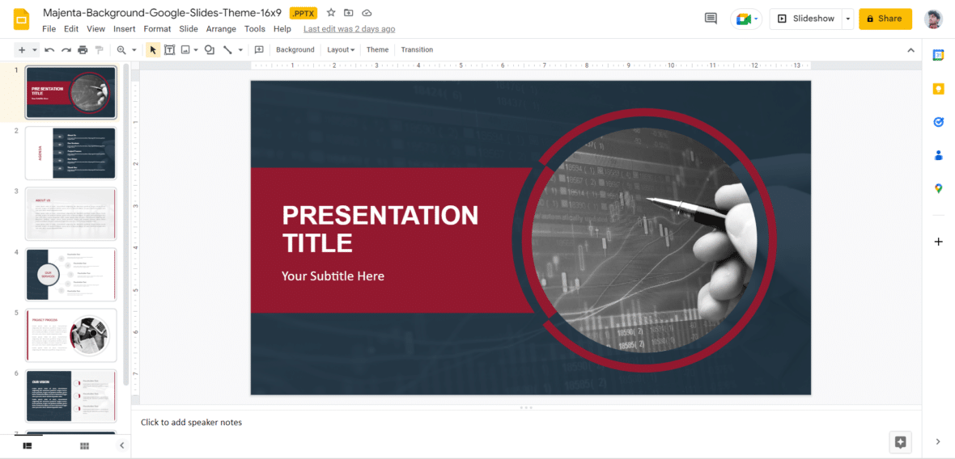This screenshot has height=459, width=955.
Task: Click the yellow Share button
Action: coord(885,19)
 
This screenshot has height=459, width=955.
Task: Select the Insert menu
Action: coord(124,29)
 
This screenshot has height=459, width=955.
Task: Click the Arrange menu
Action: coord(221,29)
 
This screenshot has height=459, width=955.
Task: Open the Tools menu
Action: coord(255,29)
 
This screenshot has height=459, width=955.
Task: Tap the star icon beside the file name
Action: coord(331,13)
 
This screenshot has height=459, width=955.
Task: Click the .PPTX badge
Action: coord(303,13)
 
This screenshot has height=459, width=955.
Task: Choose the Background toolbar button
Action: coord(295,50)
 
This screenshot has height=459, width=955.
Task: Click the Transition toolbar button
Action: coord(417,50)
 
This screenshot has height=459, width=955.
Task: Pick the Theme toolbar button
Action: coord(377,50)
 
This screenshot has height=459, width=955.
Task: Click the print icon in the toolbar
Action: coord(83,50)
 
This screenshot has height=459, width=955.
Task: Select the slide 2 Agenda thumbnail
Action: coord(71,153)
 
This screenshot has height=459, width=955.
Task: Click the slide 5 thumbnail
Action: coord(71,335)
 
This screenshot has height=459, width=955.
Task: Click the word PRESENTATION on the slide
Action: coord(380,216)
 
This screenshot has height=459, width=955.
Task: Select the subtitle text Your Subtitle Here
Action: coord(333,276)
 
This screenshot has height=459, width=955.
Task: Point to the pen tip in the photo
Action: coord(648,198)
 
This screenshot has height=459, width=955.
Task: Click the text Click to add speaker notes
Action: coord(191,423)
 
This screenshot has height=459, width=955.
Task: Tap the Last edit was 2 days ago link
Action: coord(349,29)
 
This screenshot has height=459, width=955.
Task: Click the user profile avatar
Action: coord(933,19)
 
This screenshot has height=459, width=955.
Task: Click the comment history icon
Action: coord(711,19)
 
